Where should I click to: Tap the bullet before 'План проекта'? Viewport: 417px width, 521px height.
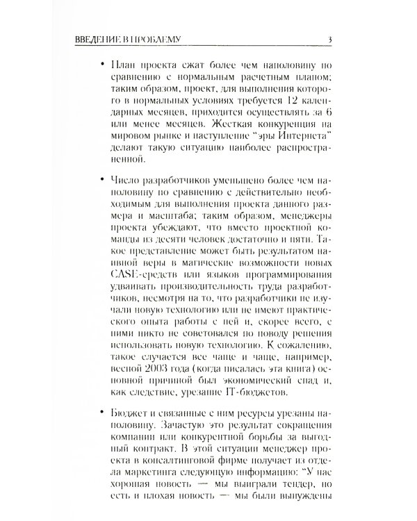(104, 63)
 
